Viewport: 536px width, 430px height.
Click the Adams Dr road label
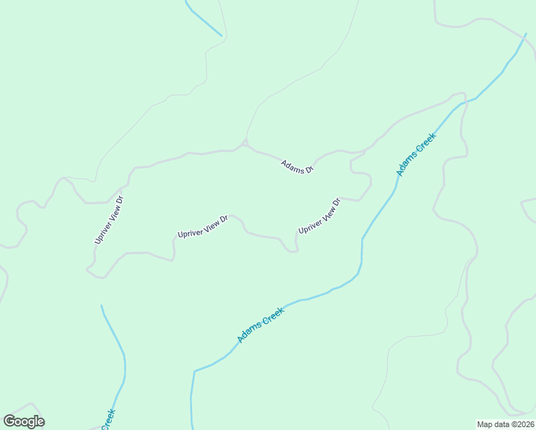(x=297, y=167)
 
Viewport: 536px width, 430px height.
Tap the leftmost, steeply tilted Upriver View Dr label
(x=109, y=219)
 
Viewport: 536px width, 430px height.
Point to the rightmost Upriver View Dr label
(x=319, y=216)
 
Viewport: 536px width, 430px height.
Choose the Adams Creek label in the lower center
(x=261, y=325)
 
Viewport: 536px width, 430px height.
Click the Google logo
(x=24, y=421)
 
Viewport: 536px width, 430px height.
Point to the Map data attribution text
(x=504, y=424)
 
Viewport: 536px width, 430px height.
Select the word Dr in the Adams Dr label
(x=309, y=171)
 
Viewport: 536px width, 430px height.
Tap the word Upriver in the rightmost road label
(x=308, y=225)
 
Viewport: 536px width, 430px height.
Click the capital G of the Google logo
(x=9, y=421)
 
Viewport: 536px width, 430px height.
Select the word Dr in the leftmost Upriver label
(x=120, y=200)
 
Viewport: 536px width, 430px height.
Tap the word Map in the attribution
(x=485, y=424)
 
